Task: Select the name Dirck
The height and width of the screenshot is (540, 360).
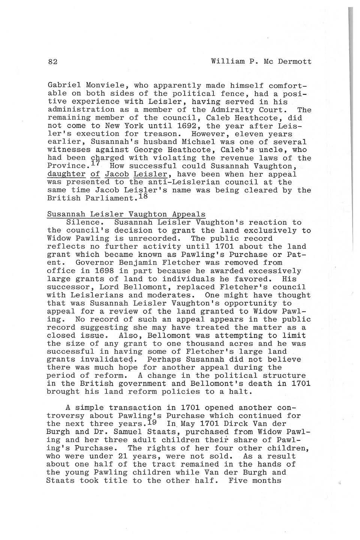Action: pyautogui.click(x=234, y=424)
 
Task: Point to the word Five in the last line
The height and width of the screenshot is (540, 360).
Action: pyautogui.click(x=237, y=481)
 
